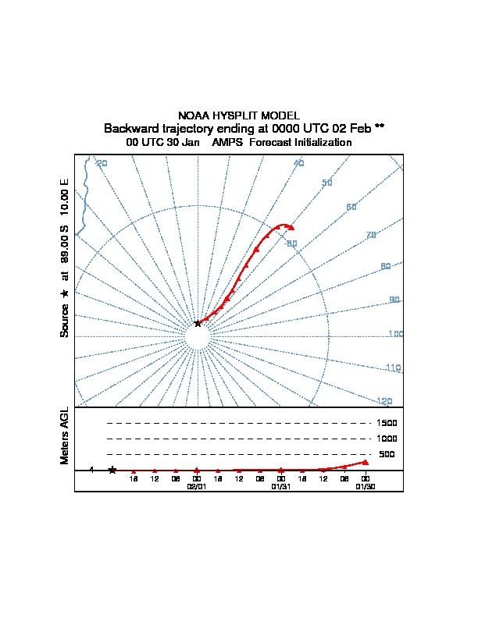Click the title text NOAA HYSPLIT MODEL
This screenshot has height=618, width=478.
tap(239, 115)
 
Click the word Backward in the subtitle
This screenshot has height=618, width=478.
tap(129, 128)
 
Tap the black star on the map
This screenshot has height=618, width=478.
tap(198, 323)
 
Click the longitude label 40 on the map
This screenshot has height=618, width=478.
tap(298, 163)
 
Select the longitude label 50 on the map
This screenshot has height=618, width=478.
tap(327, 183)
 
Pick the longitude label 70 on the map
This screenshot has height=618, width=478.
tap(371, 235)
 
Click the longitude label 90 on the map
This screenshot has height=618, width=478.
tap(394, 300)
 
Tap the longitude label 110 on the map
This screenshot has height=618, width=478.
tap(393, 368)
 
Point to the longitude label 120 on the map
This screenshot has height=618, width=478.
tap(384, 401)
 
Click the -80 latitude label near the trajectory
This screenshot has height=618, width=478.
tap(291, 244)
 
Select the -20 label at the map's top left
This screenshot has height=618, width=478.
tap(101, 163)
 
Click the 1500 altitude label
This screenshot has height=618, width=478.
tap(387, 423)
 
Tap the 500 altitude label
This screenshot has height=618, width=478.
tap(387, 454)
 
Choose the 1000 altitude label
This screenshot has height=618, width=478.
tap(387, 439)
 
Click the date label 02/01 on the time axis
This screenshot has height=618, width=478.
tap(196, 486)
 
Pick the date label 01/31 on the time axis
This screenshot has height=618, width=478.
tap(280, 486)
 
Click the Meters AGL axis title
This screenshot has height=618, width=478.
tap(65, 436)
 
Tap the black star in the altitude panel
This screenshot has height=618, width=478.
tap(112, 470)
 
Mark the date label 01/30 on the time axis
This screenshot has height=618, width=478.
tap(365, 486)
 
